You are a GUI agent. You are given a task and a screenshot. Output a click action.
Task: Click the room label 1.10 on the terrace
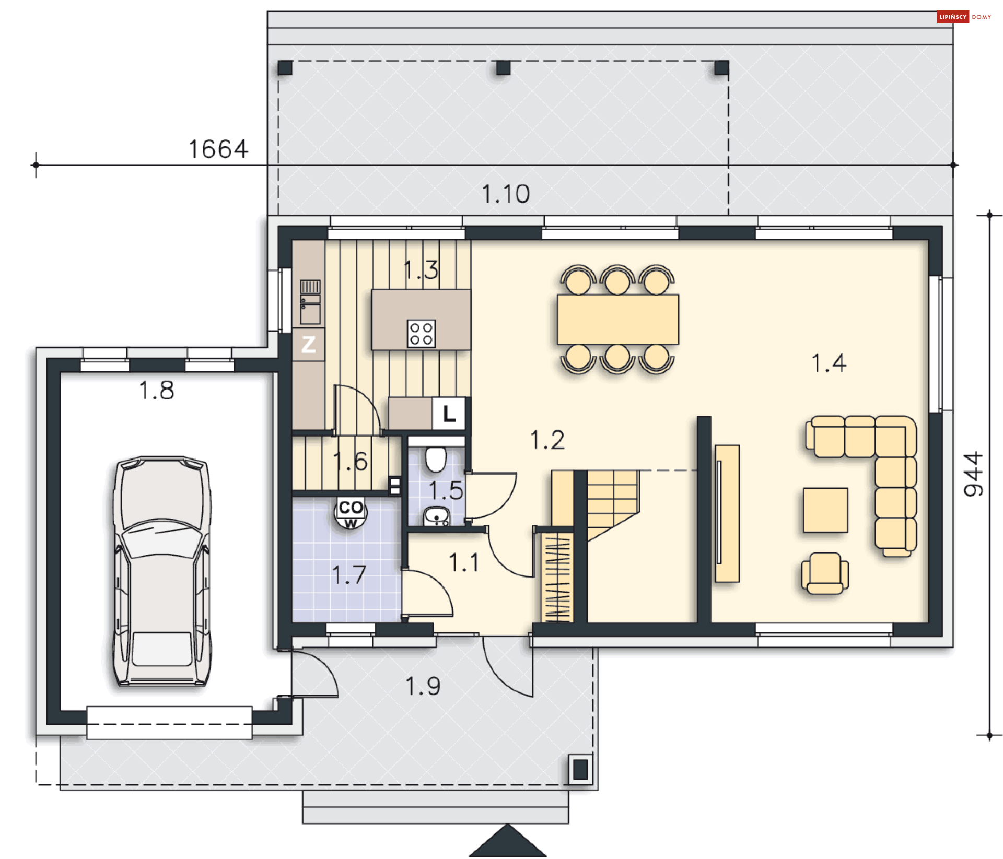[505, 194]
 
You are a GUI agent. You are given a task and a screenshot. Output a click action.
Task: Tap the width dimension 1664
[218, 149]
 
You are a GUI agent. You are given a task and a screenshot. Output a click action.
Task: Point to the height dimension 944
[973, 474]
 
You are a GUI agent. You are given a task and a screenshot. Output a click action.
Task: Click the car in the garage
[162, 571]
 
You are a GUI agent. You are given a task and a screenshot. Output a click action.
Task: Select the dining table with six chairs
[617, 319]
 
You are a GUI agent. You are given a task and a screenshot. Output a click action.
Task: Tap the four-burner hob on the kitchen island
[421, 333]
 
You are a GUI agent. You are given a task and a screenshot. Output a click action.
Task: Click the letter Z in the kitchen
[308, 344]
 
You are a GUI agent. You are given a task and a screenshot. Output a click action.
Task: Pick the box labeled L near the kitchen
[449, 414]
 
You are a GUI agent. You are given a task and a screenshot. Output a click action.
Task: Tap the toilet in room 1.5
[436, 457]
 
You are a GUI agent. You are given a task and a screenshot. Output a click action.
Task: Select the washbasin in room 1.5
[437, 516]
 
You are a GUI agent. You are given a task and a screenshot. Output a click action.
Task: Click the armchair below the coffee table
[825, 573]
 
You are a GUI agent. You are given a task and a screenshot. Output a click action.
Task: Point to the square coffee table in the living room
[825, 510]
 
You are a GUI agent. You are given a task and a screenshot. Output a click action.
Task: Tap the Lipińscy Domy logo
[964, 17]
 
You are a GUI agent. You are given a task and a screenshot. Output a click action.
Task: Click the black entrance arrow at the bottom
[507, 842]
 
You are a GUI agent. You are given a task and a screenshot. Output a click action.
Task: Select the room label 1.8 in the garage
[156, 390]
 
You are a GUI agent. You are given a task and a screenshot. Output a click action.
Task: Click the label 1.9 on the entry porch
[423, 686]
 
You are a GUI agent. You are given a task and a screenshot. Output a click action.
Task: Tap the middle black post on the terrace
[503, 67]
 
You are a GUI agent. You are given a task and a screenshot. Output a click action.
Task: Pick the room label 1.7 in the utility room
[348, 575]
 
